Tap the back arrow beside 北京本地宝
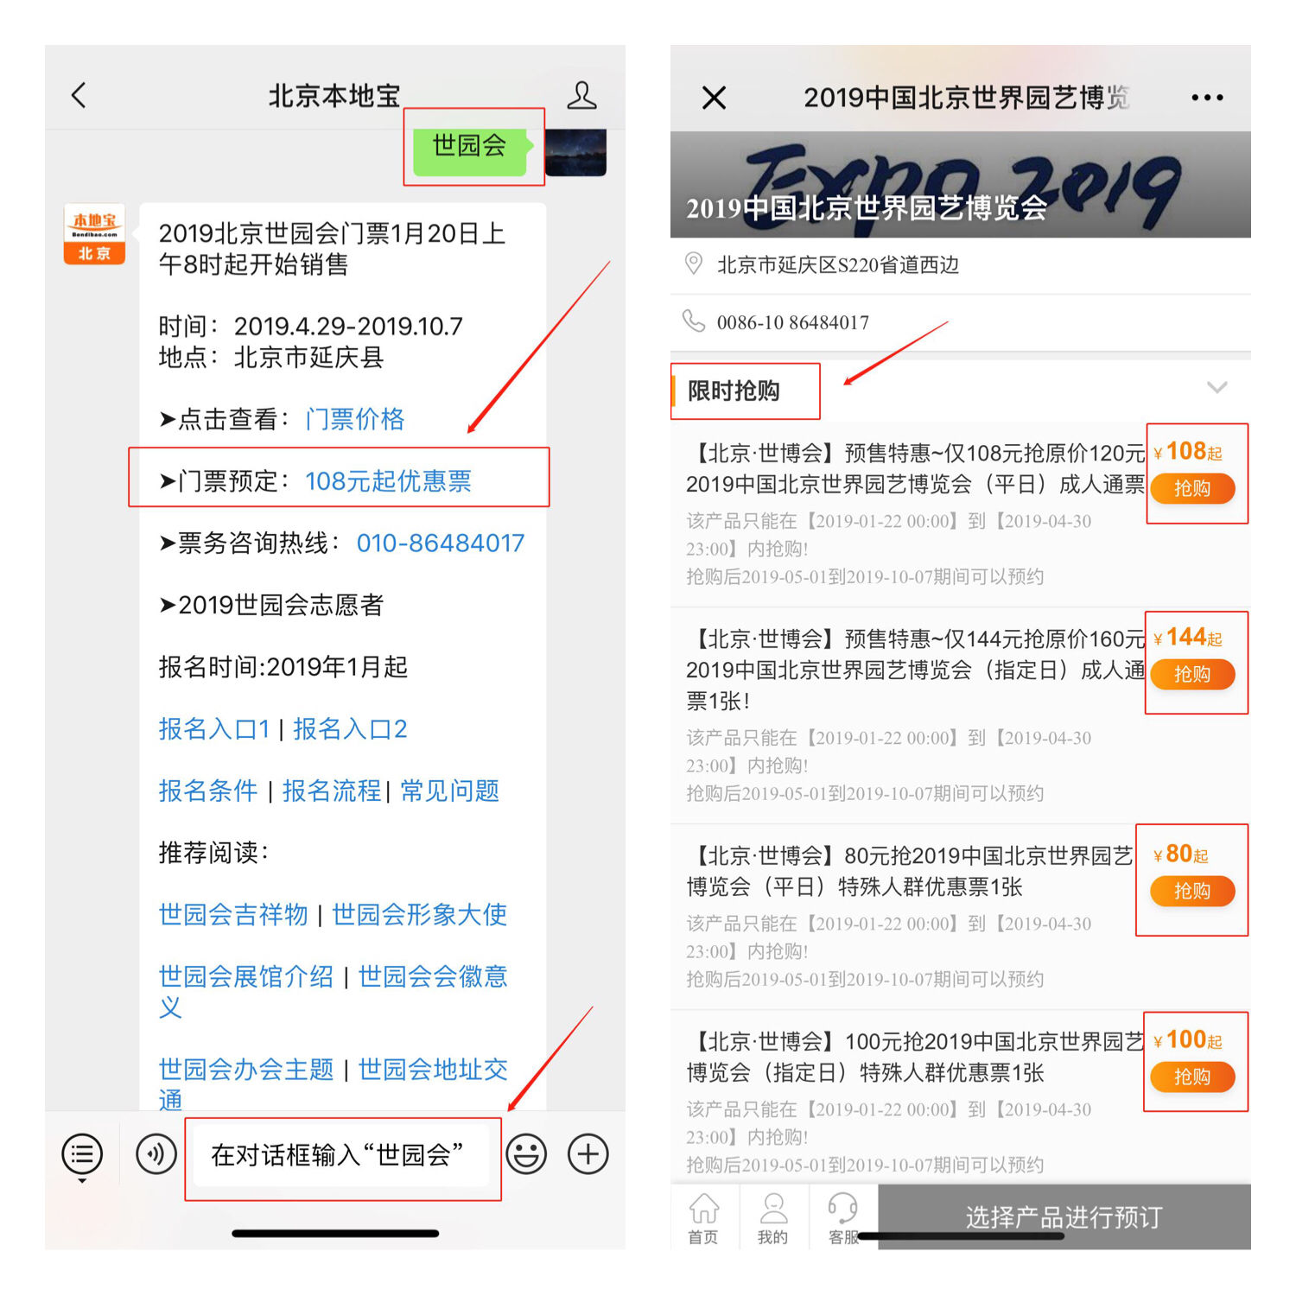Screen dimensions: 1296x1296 [79, 95]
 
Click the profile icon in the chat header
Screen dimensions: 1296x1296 [581, 95]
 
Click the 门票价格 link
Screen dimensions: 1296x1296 [355, 419]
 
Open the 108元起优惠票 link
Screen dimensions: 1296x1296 [388, 481]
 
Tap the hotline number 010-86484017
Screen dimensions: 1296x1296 [441, 543]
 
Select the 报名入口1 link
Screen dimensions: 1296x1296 [214, 729]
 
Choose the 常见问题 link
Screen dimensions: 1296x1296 [449, 791]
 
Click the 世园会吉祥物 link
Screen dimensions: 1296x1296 [233, 914]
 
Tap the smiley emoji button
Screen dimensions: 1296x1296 [526, 1154]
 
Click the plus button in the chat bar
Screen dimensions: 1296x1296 [588, 1154]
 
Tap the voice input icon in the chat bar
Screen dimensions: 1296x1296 [156, 1154]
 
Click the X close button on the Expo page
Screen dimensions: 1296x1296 [715, 98]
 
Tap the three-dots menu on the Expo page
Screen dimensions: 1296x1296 [1207, 98]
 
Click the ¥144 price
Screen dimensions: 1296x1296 [1188, 638]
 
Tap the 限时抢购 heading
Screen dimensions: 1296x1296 [734, 391]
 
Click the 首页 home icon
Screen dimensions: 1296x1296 [703, 1208]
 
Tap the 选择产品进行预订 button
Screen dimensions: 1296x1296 [1064, 1217]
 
